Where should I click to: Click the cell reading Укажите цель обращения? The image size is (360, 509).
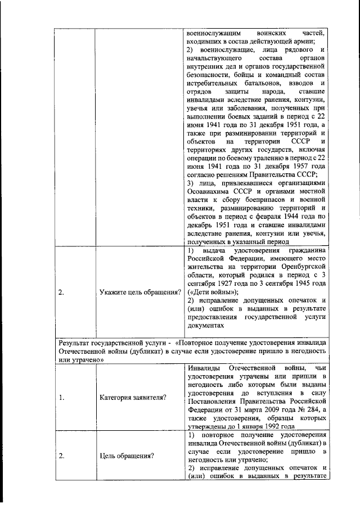140,291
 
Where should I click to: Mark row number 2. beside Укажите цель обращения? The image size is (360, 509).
62,291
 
